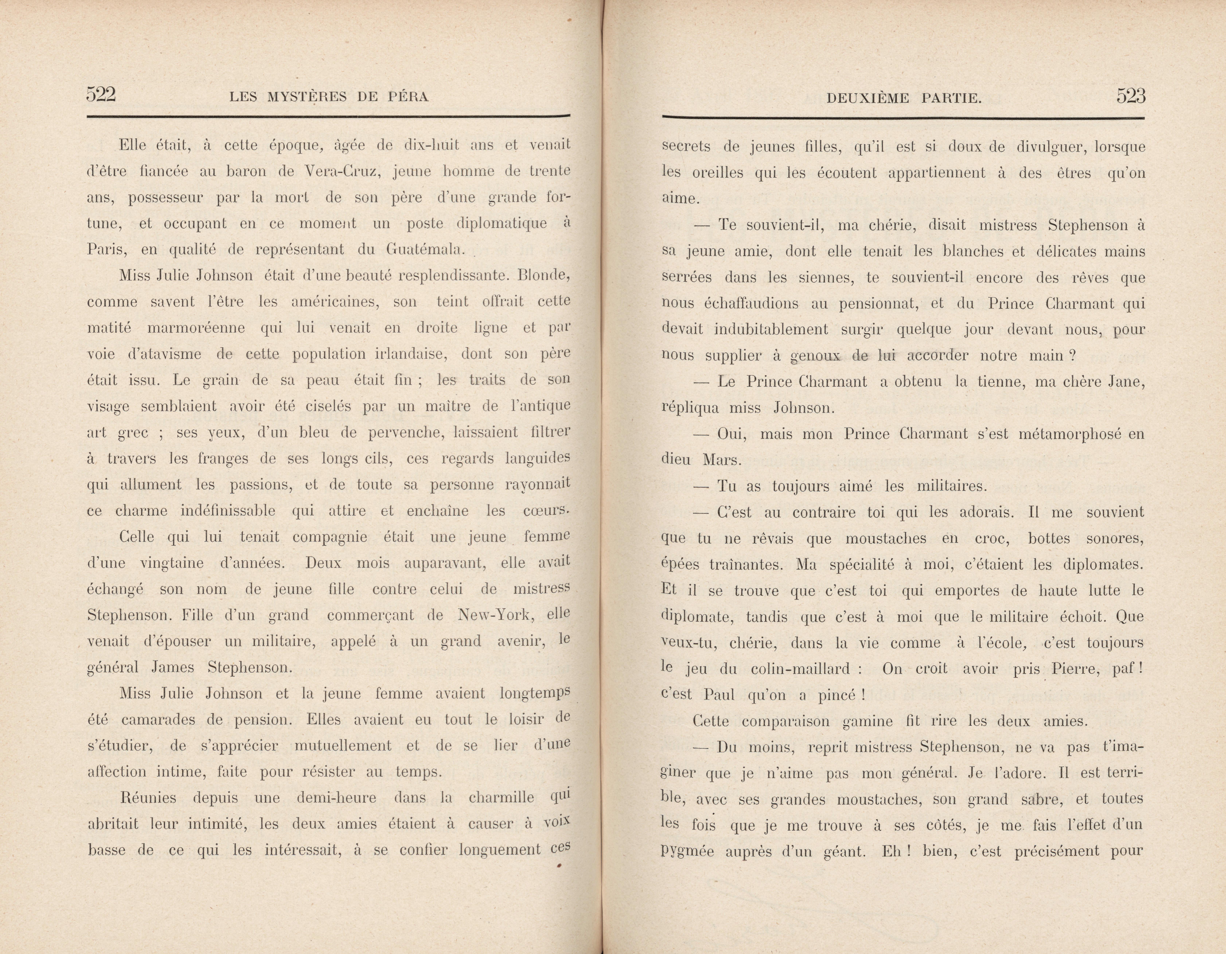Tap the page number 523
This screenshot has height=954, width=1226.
pos(1131,96)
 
